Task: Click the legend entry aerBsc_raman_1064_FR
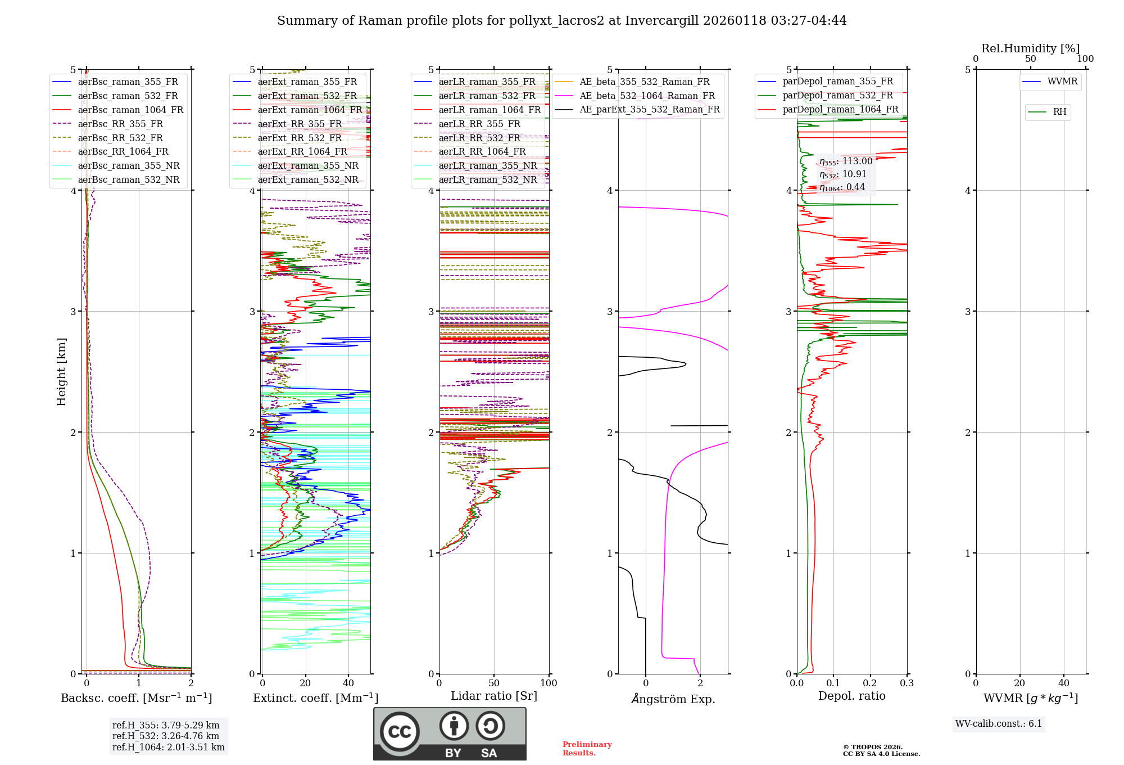(130, 110)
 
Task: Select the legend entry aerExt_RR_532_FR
(300, 138)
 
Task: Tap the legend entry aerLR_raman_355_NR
(487, 166)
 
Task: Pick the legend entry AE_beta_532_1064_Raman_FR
(647, 96)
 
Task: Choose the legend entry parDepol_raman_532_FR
(837, 96)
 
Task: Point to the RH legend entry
(1059, 112)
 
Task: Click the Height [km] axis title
(61, 372)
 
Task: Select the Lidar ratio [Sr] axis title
(494, 696)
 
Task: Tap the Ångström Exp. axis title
(673, 699)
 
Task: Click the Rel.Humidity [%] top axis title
(1030, 48)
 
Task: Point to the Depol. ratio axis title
(851, 696)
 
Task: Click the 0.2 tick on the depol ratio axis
(870, 683)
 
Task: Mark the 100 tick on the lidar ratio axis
(549, 683)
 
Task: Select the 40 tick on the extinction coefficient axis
(348, 683)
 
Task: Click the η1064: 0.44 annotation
(842, 187)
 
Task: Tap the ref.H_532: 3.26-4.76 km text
(166, 736)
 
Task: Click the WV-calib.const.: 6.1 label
(999, 724)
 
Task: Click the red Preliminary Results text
(587, 749)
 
